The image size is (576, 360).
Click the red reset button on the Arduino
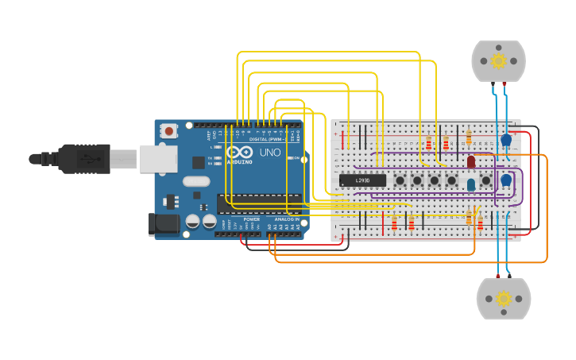(x=169, y=131)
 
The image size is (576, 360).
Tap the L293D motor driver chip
(x=362, y=180)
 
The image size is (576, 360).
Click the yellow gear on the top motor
(x=498, y=61)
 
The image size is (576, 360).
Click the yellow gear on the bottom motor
(x=503, y=299)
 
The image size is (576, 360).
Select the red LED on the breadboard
(x=471, y=162)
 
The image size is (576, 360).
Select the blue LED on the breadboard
(x=471, y=184)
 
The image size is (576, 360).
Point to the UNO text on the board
(x=269, y=153)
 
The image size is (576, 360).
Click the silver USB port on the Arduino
(x=157, y=158)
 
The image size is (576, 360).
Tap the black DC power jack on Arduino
(x=164, y=223)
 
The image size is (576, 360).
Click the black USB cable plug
(x=83, y=158)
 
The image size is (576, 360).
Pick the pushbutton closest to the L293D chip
(x=399, y=180)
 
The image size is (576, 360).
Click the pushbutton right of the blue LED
(x=485, y=180)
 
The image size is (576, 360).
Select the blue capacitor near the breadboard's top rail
(x=506, y=141)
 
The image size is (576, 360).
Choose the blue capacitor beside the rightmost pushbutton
(x=505, y=181)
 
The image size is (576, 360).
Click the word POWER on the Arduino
(x=251, y=219)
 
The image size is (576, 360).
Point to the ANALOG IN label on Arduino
(x=286, y=219)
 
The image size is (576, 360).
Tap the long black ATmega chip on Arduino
(x=259, y=204)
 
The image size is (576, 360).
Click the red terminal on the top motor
(x=504, y=83)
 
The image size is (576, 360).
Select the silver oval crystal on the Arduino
(x=196, y=181)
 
